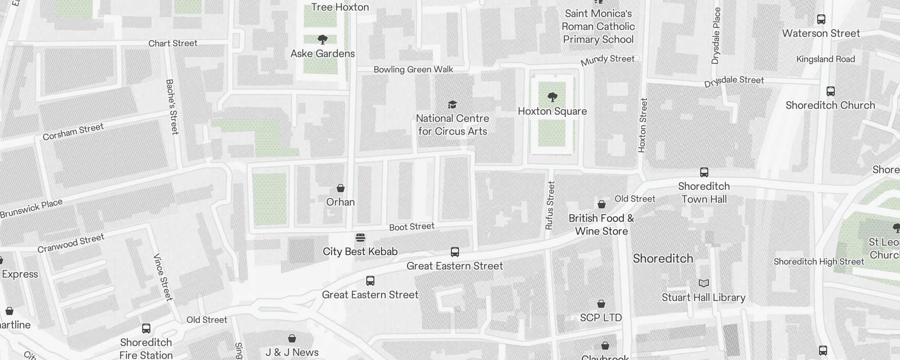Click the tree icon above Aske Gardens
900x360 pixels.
pos(322,40)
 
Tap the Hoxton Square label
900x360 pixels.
pos(552,111)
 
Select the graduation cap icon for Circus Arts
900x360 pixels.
pos(452,105)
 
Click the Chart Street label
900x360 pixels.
pos(173,43)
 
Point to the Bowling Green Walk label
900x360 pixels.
pos(413,69)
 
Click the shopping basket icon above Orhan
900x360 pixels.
pos(341,188)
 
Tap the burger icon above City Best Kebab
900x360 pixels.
pos(360,238)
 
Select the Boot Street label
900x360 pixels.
pos(411,227)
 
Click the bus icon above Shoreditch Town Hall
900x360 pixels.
pos(704,172)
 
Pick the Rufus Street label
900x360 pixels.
pos(550,205)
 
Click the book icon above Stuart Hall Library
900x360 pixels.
pos(703,283)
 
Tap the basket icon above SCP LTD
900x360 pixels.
pos(601,304)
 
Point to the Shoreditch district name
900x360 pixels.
pos(663,258)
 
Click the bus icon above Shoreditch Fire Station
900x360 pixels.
pos(146,328)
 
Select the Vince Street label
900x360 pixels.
pos(162,277)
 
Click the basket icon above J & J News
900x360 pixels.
pos(292,338)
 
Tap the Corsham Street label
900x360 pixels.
pos(73,131)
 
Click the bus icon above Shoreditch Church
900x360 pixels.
pos(830,91)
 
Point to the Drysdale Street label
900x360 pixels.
pos(734,81)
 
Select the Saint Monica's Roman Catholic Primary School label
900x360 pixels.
pos(598,27)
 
